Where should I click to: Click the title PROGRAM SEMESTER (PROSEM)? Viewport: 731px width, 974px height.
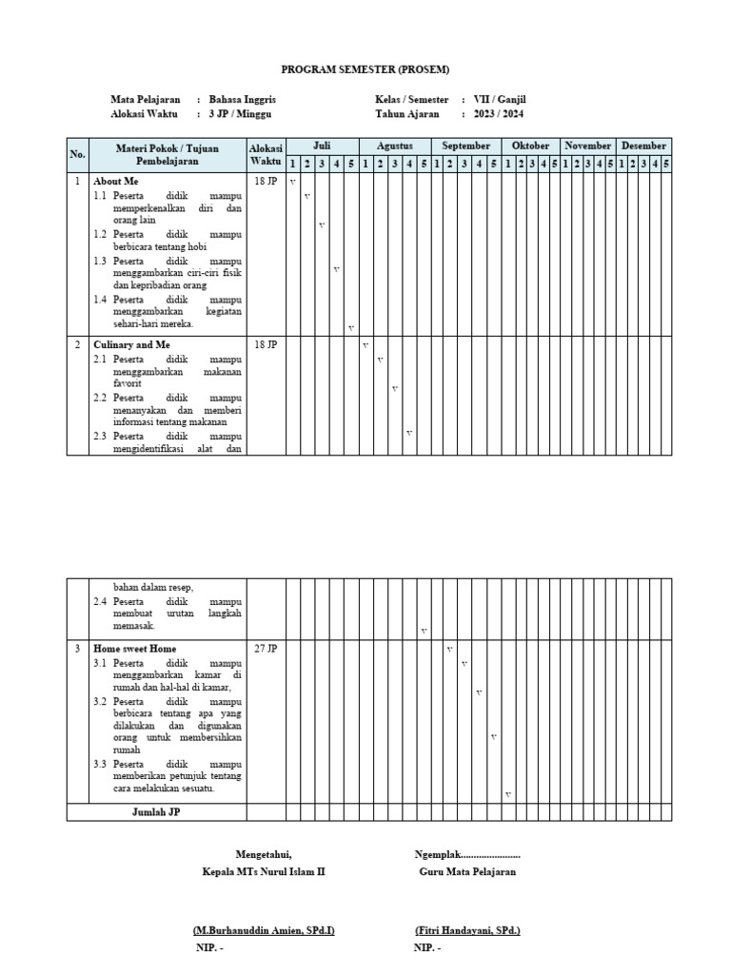click(x=365, y=69)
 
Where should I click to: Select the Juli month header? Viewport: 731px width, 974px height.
click(x=322, y=146)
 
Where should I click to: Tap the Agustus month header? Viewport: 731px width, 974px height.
click(x=394, y=146)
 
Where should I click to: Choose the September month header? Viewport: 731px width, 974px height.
click(x=465, y=146)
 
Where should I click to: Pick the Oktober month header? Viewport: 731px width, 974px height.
click(x=530, y=146)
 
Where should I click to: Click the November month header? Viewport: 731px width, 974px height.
click(x=587, y=146)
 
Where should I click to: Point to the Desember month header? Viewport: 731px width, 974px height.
click(x=643, y=146)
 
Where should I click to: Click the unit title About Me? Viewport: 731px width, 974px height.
click(x=115, y=180)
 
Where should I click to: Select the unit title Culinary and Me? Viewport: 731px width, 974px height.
click(x=131, y=344)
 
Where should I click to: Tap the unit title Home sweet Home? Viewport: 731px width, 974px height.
click(x=134, y=649)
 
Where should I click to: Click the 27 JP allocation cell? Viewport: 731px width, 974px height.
click(x=266, y=649)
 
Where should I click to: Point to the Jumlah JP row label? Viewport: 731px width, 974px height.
click(x=155, y=812)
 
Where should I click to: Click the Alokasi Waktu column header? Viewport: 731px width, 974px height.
click(x=266, y=154)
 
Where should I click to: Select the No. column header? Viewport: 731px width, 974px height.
click(x=77, y=154)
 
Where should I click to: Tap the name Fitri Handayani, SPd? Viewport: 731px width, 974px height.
click(x=467, y=930)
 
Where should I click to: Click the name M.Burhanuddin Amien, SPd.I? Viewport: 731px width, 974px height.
click(x=264, y=930)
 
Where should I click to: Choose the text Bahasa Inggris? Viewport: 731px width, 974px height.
click(x=243, y=99)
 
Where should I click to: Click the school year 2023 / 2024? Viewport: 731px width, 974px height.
click(x=500, y=114)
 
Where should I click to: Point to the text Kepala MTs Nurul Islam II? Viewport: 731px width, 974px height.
click(x=264, y=871)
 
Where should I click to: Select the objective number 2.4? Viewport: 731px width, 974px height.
click(x=100, y=601)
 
